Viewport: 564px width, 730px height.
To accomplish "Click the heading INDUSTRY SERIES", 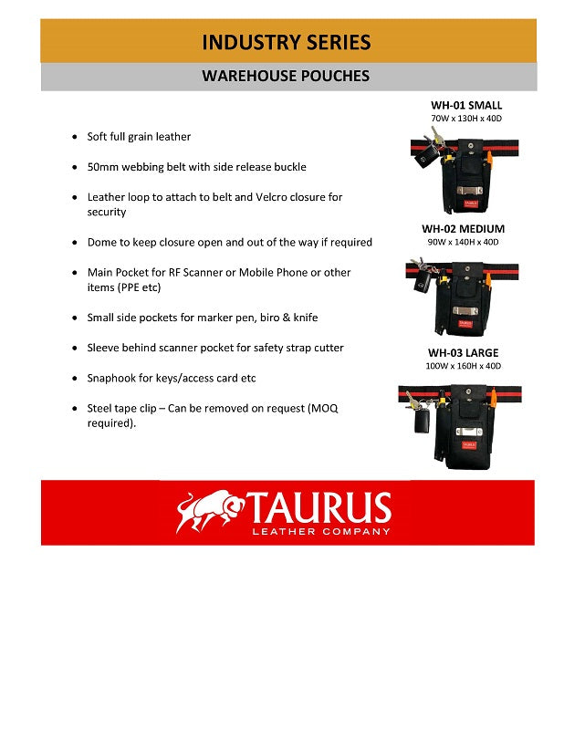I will pyautogui.click(x=287, y=42).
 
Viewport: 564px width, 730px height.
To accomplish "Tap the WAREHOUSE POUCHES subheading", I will pyautogui.click(x=286, y=77).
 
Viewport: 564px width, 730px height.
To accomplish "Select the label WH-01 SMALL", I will pyautogui.click(x=466, y=106).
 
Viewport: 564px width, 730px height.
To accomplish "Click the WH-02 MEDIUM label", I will pyautogui.click(x=463, y=229).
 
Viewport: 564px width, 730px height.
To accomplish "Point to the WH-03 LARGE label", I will pyautogui.click(x=463, y=353).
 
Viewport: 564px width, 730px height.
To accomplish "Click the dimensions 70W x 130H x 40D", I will pyautogui.click(x=466, y=120).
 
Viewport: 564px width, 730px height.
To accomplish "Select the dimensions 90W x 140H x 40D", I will pyautogui.click(x=463, y=243).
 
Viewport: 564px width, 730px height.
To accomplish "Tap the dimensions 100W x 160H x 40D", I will pyautogui.click(x=463, y=366).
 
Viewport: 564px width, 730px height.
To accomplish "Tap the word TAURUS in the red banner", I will pyautogui.click(x=319, y=506).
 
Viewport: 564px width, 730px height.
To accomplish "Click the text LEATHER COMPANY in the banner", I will pyautogui.click(x=320, y=531).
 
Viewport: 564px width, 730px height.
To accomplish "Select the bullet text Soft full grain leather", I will pyautogui.click(x=139, y=137).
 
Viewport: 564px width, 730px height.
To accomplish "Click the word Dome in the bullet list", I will pyautogui.click(x=102, y=243).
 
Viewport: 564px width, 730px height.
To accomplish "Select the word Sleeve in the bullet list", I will pyautogui.click(x=104, y=348).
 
